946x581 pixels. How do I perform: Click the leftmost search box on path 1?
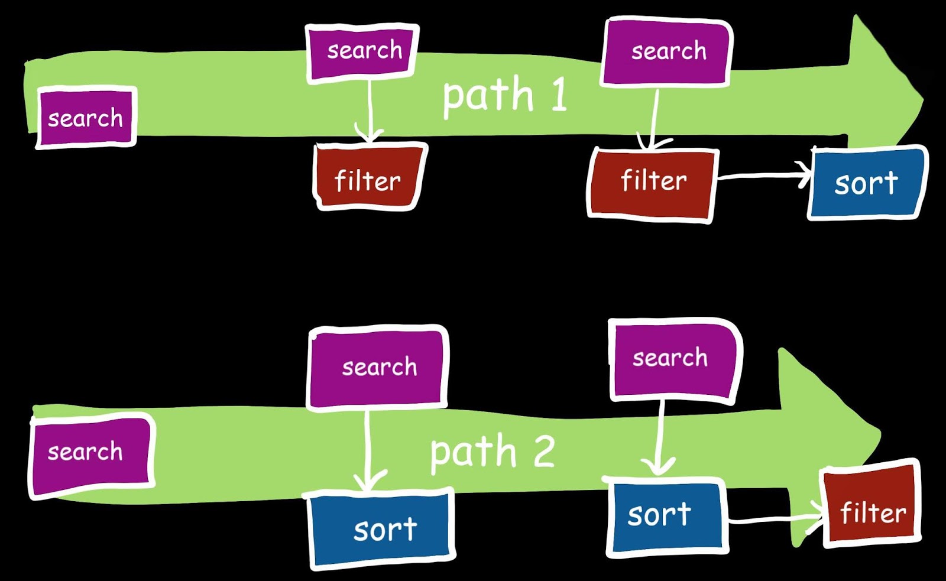[86, 118]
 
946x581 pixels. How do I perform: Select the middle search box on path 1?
[363, 51]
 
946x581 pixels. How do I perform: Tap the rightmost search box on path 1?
[667, 52]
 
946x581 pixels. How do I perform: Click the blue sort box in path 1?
[866, 183]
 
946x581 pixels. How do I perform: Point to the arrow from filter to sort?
[763, 174]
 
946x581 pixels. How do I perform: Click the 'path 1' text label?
[504, 96]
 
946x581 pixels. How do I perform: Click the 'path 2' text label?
[493, 452]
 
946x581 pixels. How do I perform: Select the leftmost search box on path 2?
[90, 454]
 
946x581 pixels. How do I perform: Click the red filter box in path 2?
[872, 505]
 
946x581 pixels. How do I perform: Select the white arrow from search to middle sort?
[368, 449]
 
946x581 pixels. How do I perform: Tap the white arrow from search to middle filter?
[370, 109]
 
